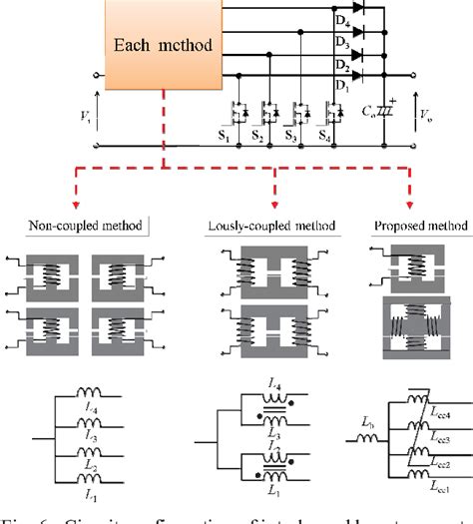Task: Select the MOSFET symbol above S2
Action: coord(268,111)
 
